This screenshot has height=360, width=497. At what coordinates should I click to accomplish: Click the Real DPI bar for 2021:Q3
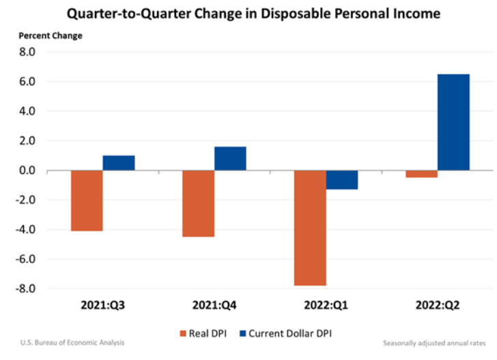coord(87,201)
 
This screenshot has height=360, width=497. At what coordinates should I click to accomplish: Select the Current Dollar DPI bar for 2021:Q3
coord(119,163)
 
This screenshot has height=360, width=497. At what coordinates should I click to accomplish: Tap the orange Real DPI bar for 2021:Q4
coord(198,204)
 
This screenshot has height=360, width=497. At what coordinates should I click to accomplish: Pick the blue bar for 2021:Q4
coord(230,158)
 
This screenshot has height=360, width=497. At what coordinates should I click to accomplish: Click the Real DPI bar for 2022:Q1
coord(310,227)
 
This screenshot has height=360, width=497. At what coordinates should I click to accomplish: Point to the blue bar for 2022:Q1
coord(341,180)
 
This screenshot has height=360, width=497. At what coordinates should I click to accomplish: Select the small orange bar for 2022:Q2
coord(421,174)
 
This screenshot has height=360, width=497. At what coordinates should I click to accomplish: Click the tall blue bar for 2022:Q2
coord(453,122)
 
